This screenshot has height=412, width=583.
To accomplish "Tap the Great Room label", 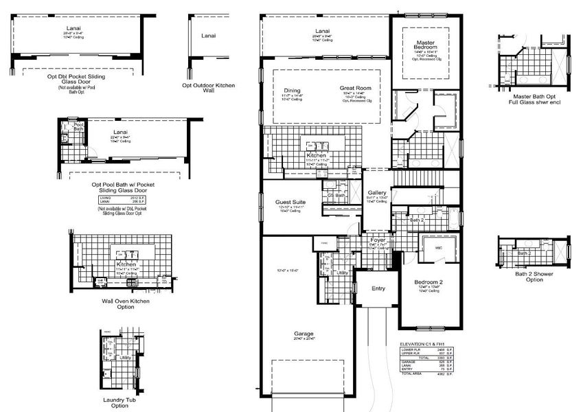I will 355,88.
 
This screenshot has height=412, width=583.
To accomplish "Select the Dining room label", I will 292,90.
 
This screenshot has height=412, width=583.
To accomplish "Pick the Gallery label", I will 377,193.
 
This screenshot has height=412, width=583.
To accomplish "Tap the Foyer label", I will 377,240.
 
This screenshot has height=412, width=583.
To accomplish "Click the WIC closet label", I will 435,249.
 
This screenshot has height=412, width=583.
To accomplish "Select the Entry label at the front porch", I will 378,288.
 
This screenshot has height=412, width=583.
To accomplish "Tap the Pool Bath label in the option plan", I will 78,126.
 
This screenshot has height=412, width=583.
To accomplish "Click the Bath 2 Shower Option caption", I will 534,277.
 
